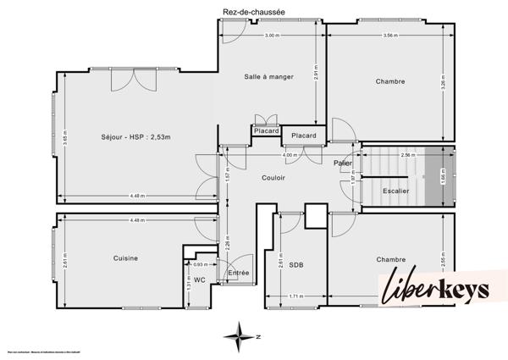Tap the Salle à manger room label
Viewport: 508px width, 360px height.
(269, 77)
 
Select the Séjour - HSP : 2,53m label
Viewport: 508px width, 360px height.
(135, 137)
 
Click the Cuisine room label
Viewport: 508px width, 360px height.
(125, 258)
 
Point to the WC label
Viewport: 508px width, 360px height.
(200, 279)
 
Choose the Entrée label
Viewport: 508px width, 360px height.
(239, 273)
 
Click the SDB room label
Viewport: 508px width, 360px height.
(296, 265)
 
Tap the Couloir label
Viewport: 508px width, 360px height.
(272, 178)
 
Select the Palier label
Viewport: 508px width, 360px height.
(342, 163)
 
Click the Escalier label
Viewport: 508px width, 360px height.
(395, 191)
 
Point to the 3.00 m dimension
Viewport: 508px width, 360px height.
(272, 36)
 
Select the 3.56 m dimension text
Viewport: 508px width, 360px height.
(390, 36)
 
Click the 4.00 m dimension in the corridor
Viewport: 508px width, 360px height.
(290, 156)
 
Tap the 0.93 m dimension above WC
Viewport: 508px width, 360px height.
(200, 265)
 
